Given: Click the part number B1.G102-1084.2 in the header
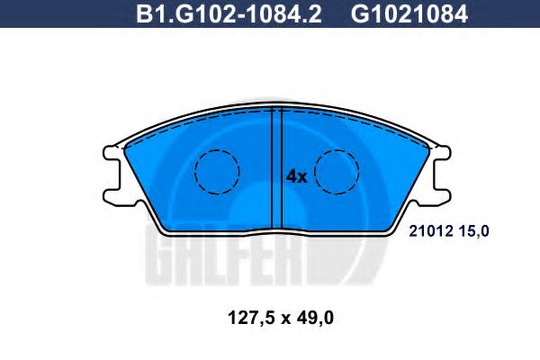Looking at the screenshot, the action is tap(229, 13).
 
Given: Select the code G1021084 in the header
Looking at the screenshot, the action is tap(409, 13).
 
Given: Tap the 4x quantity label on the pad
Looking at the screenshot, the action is tap(296, 176).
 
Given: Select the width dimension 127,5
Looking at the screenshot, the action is tap(251, 318).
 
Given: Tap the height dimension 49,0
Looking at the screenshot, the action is tap(314, 318).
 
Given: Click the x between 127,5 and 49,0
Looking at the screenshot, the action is tap(285, 319).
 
